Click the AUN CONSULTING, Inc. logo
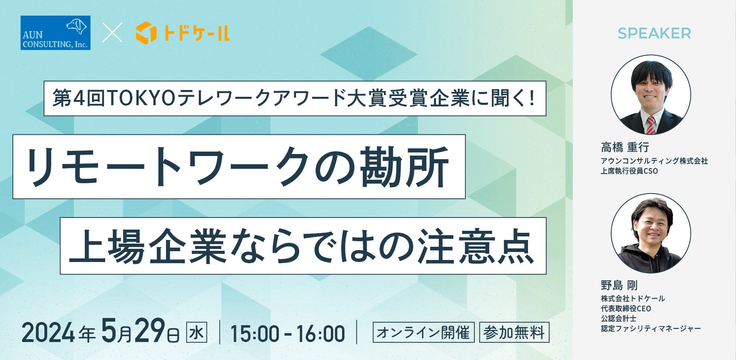[56, 33]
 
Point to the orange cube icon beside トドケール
[146, 33]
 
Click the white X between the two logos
[112, 33]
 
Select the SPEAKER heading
[654, 34]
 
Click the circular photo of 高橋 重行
[651, 95]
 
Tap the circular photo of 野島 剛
[651, 233]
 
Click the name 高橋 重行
[625, 148]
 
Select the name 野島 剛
[619, 285]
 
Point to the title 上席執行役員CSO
[629, 171]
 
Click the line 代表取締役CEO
[626, 308]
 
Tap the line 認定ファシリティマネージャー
[651, 328]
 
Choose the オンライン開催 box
[424, 332]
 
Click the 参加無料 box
[514, 332]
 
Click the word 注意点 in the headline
[476, 246]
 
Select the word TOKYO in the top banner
[141, 98]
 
